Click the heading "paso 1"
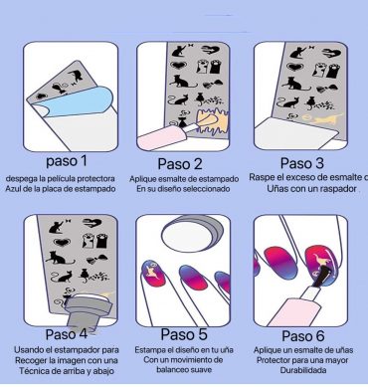point(67,161)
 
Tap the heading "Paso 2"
point(180,164)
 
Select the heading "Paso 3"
point(302,163)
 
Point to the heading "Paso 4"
point(67,334)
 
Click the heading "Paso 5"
point(184,334)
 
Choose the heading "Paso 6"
point(303,336)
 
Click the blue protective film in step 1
point(80,102)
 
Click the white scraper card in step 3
point(295,132)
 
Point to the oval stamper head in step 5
point(192,234)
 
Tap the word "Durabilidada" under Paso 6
point(303,370)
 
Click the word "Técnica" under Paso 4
point(33,371)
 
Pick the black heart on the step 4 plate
point(62,242)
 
